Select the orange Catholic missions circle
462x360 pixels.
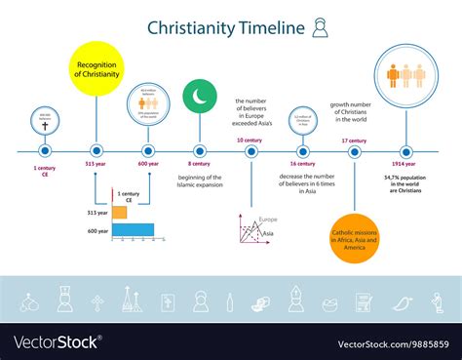[354, 237]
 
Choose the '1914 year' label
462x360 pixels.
[407, 167]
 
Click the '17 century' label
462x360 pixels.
[355, 140]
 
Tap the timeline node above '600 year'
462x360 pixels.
[148, 150]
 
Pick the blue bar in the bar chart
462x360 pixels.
[133, 230]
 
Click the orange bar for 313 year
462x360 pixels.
[119, 212]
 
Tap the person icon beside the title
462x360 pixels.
[319, 29]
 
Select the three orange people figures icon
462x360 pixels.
[406, 73]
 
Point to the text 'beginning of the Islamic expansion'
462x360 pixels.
[200, 180]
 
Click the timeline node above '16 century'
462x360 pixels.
[303, 150]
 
